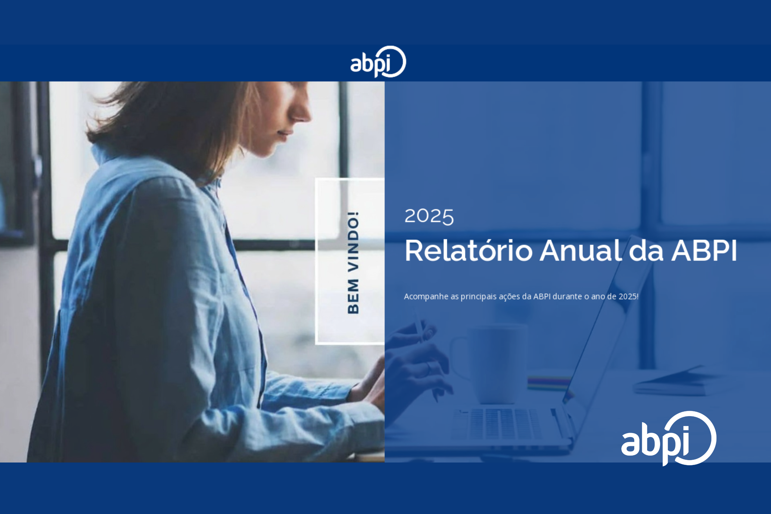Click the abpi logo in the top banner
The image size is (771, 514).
[378, 62]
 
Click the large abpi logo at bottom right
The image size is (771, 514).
[668, 438]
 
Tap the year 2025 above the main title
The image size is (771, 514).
[429, 217]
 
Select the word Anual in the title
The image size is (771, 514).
[581, 251]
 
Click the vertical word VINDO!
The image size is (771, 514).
[353, 242]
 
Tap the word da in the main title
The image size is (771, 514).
[646, 251]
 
